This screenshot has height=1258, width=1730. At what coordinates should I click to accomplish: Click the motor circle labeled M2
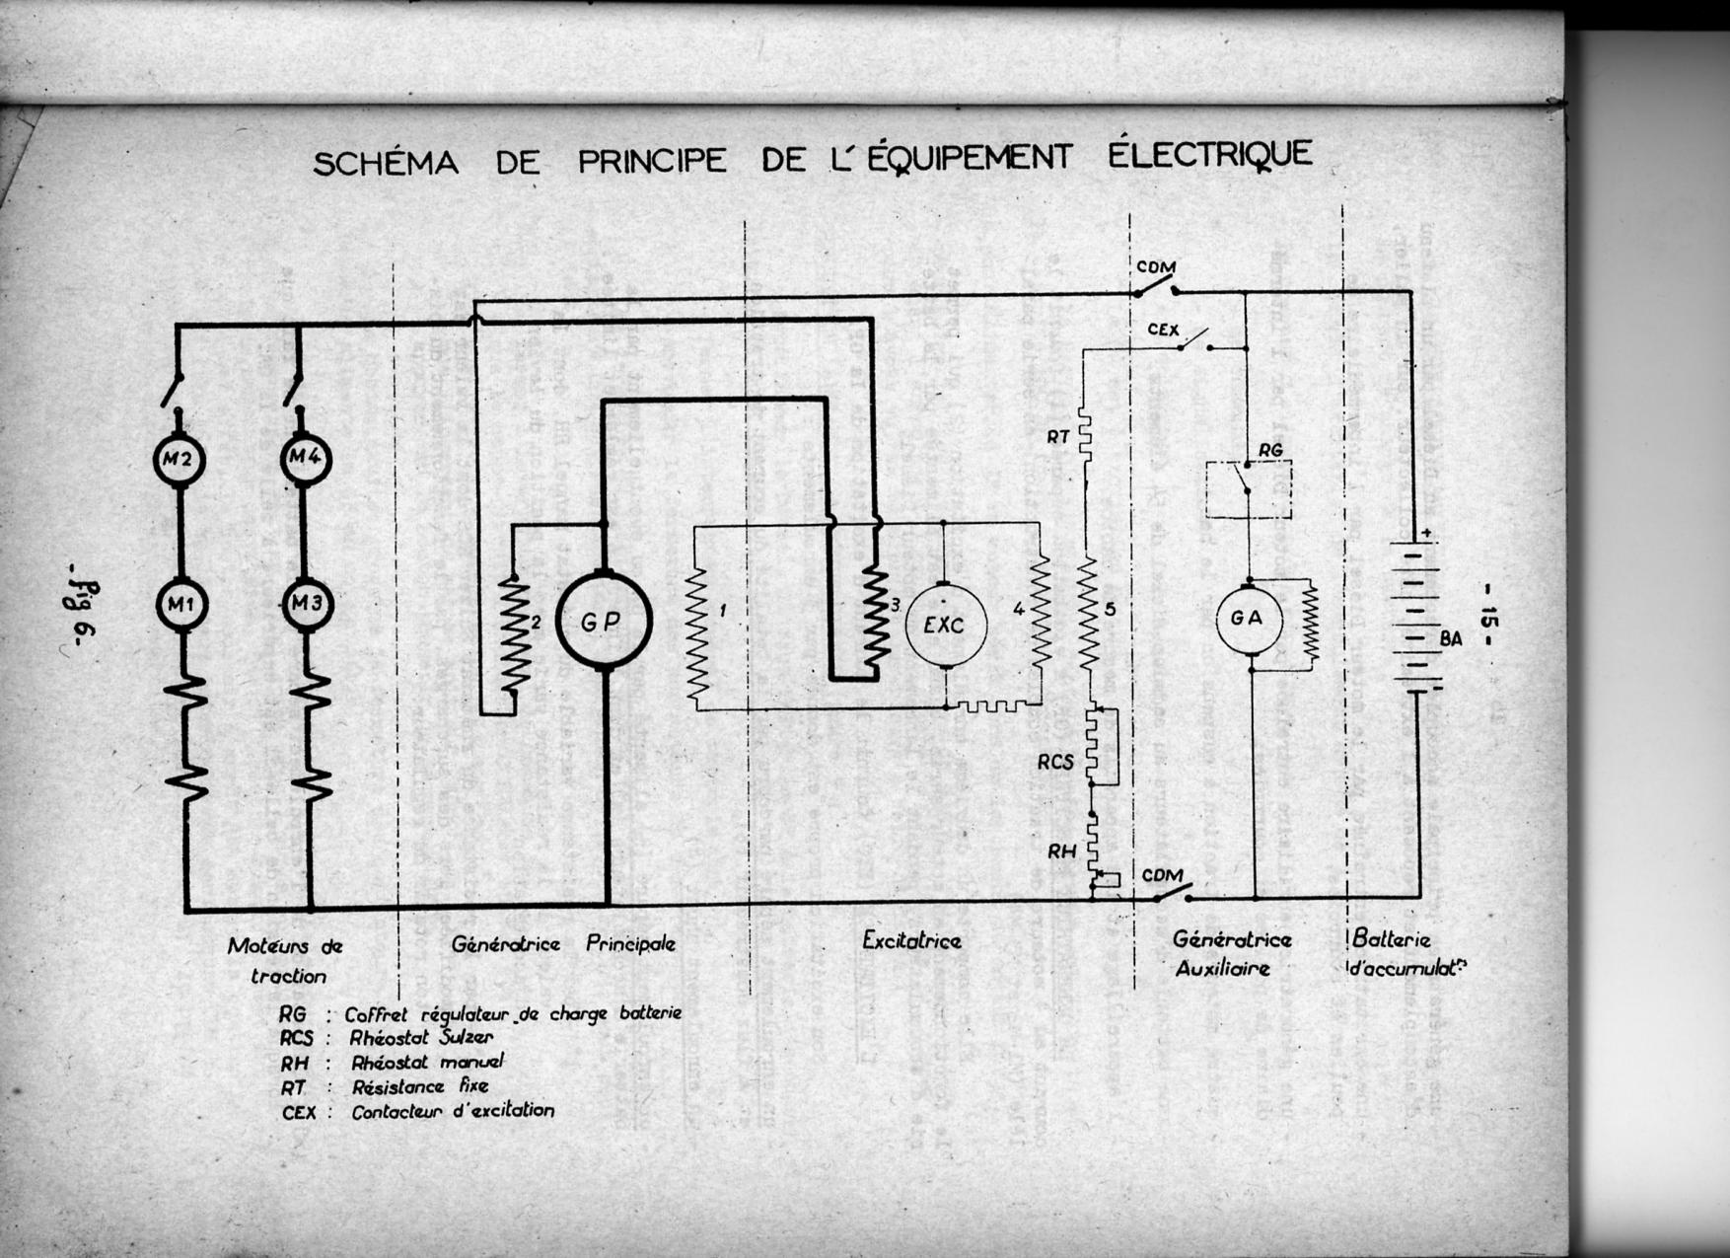[179, 460]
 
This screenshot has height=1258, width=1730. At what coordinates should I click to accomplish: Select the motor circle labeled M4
[306, 459]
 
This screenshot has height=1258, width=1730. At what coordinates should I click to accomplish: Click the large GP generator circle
[604, 622]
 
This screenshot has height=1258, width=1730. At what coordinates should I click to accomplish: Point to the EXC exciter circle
[945, 624]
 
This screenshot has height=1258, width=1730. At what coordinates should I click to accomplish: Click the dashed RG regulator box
[1249, 489]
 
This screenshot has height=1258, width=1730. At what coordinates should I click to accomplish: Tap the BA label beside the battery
[1451, 638]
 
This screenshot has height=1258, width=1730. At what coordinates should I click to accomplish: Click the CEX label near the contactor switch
[1163, 330]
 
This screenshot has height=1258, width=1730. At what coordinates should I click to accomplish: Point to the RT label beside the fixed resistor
[1058, 436]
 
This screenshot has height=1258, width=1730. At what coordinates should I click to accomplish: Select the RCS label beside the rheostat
[1054, 762]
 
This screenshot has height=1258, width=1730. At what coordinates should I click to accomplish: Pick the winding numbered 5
[1087, 614]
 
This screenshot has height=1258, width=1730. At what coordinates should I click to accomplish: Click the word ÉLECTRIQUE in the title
[1210, 156]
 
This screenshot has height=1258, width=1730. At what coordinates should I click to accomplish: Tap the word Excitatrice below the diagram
[911, 941]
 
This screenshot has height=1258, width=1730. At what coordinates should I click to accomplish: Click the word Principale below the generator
[630, 944]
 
